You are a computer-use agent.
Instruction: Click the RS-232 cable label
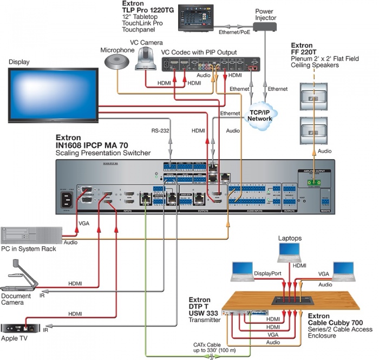pos(161,130)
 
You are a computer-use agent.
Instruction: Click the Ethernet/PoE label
pos(234,32)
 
